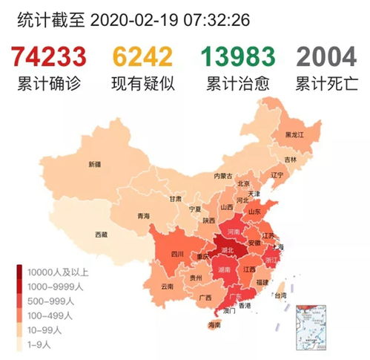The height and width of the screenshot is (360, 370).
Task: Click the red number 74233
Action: click(50, 56)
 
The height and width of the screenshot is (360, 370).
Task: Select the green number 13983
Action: click(238, 56)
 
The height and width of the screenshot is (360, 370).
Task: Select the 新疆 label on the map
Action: click(94, 164)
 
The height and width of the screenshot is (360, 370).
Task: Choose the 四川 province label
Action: click(176, 253)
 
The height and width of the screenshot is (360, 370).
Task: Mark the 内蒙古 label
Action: click(222, 176)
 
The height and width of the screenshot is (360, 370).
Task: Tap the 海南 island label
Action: click(214, 325)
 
